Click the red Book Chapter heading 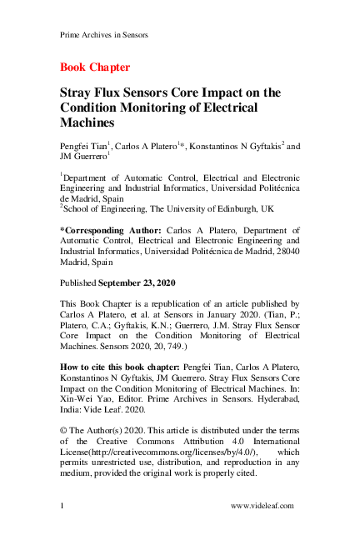tap(95, 67)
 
